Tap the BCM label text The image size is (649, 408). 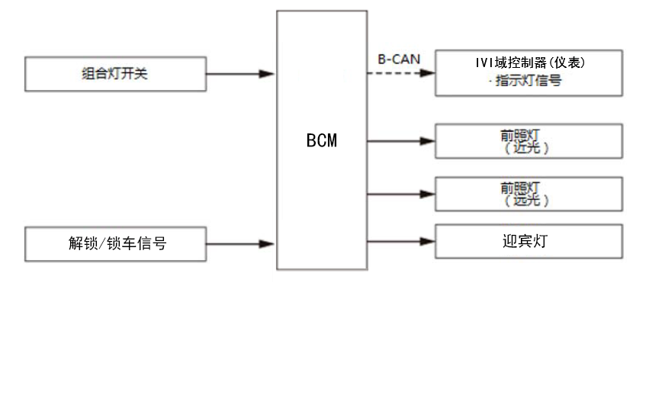coord(321,141)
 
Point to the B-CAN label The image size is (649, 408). coord(399,58)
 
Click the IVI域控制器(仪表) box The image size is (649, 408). coord(529,73)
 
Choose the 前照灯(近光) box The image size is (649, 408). coord(529,141)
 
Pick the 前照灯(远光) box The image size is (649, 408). coord(529,194)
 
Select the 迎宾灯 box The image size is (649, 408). coord(529,242)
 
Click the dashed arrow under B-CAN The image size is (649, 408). coord(400,73)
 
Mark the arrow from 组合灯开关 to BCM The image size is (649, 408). coord(240,74)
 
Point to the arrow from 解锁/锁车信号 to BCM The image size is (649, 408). coord(240,244)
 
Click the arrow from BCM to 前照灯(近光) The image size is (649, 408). coord(400,141)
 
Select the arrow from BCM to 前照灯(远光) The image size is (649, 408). coord(400,194)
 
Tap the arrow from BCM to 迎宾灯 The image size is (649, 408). coord(400,243)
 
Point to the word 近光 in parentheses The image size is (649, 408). coord(527,148)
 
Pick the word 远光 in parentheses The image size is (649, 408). coord(527,201)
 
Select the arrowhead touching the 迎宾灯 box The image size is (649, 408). coord(428,243)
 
